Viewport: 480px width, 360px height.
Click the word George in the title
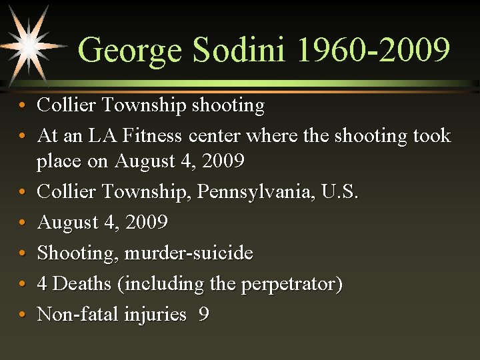130,51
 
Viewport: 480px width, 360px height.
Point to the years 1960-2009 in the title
374,51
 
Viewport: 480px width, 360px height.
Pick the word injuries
155,314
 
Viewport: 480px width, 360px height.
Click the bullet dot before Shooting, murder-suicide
23,254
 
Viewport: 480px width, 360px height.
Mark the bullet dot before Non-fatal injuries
23,315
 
